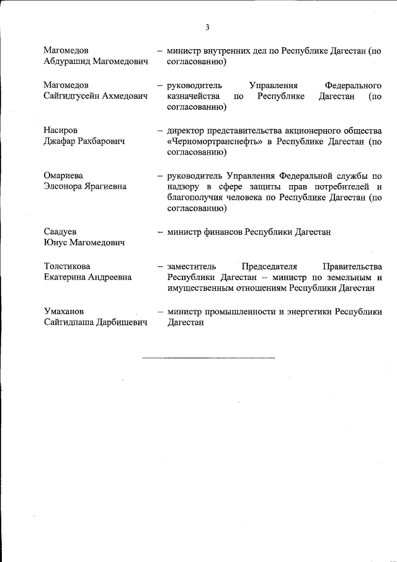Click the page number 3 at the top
208,27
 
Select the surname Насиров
61,130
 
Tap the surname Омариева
63,176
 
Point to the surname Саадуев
60,232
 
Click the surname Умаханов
65,311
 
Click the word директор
184,130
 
